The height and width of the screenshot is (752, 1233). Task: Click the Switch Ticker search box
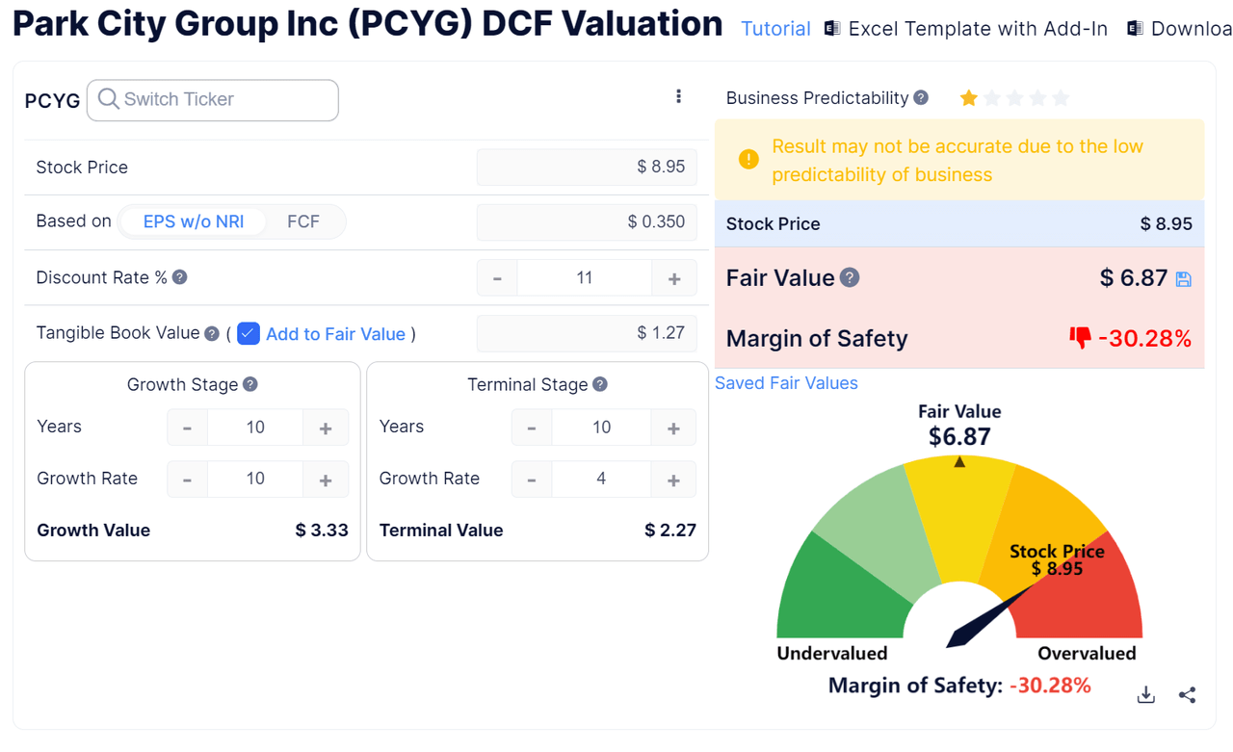(213, 100)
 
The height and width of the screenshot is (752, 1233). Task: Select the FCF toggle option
(303, 221)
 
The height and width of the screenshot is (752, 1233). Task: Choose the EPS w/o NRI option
(193, 221)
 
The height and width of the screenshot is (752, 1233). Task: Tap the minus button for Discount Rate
(497, 278)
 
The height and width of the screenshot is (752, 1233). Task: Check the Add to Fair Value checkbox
(249, 333)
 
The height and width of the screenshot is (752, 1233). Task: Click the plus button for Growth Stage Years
(326, 428)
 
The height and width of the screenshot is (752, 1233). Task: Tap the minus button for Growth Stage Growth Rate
(187, 480)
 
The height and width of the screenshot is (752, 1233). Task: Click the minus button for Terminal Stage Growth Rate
(532, 480)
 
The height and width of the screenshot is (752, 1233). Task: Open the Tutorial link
(775, 29)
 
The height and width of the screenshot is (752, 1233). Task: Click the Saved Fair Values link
(786, 383)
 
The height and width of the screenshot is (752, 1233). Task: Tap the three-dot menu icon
(678, 96)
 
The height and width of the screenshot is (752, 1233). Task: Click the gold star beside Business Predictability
(968, 98)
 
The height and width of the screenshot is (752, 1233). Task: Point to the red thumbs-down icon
(1080, 338)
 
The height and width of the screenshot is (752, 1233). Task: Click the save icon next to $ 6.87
(1184, 279)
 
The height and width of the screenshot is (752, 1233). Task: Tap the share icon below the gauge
(1187, 695)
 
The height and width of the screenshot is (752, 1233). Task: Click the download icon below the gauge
(1145, 695)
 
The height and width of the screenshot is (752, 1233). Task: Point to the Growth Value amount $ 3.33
(322, 531)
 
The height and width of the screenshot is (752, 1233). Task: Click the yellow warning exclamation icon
(748, 160)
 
